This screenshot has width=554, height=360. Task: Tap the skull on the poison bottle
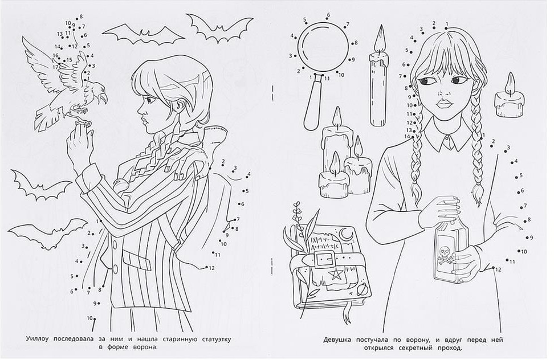(445, 252)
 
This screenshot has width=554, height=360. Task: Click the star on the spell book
(334, 273)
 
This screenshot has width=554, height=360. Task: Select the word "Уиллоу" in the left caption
(38, 339)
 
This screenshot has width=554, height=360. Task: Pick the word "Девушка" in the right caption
(337, 340)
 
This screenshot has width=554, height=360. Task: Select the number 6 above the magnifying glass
(328, 15)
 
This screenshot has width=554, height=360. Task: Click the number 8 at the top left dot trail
(81, 17)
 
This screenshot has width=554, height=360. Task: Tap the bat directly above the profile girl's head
(144, 34)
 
